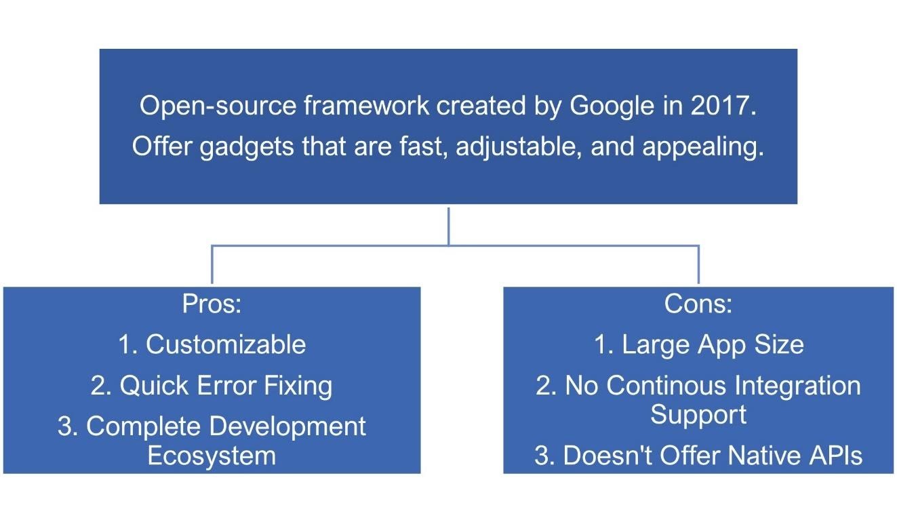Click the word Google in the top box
[x=612, y=106]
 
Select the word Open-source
[x=218, y=106]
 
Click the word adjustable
[x=519, y=146]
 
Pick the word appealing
[x=703, y=147]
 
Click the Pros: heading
[x=212, y=304]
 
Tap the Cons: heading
[x=698, y=304]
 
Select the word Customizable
[x=226, y=344]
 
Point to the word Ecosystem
[x=212, y=456]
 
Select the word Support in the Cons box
[x=698, y=415]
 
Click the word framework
[x=366, y=106]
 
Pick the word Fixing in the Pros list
[x=298, y=386]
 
